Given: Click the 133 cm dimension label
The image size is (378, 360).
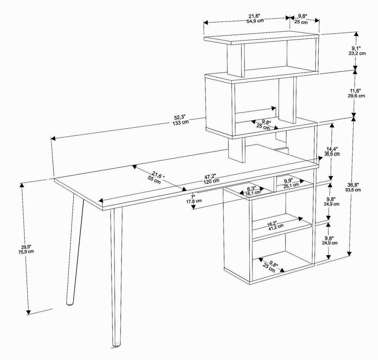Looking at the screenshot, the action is [180, 122].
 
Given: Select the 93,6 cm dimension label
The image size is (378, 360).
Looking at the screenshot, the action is [353, 189].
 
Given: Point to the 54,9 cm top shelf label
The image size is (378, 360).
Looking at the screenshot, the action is [255, 21].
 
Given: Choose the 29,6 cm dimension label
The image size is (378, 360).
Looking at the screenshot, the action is [356, 96].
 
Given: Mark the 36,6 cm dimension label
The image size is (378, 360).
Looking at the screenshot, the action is [332, 154].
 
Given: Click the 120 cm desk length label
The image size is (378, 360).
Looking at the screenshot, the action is [211, 180].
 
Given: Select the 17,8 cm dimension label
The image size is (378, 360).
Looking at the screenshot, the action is [194, 201].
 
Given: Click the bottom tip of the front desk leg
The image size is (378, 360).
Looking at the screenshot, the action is [116, 345].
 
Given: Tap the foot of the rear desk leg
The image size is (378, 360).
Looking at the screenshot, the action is [69, 304].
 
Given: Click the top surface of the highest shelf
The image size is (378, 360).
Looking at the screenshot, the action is [262, 38].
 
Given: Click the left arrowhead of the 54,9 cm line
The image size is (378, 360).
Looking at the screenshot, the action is [206, 23].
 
